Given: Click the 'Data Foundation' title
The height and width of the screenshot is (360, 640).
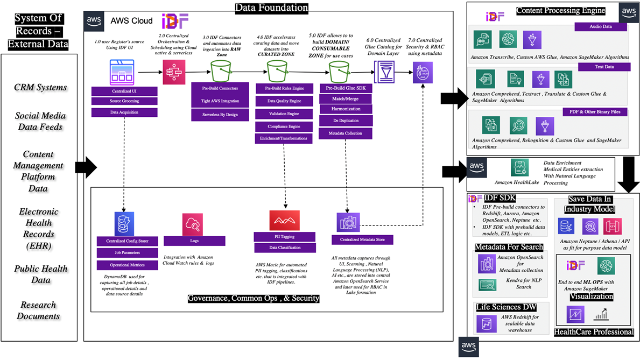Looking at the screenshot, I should pyautogui.click(x=272, y=8).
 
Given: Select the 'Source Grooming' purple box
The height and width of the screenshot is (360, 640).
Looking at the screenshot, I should pyautogui.click(x=124, y=101).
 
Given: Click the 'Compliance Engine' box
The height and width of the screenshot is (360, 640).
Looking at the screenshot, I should pyautogui.click(x=283, y=126).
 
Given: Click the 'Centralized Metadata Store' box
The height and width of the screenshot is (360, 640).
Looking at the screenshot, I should pyautogui.click(x=362, y=239).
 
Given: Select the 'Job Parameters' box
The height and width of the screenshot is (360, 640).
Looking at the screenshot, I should pyautogui.click(x=124, y=252).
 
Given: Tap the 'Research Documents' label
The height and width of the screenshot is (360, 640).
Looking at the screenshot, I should pyautogui.click(x=38, y=310).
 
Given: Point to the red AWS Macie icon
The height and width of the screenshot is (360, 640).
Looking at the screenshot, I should pyautogui.click(x=284, y=220).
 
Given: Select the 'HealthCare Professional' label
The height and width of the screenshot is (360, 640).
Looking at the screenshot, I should pyautogui.click(x=594, y=332).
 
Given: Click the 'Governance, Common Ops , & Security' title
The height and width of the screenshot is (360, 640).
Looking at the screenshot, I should pyautogui.click(x=254, y=298).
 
